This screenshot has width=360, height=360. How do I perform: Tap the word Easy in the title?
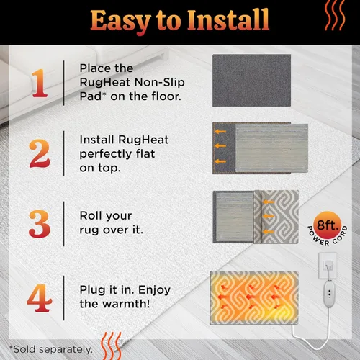pos(121,22)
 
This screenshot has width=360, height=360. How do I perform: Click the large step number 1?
pos(40,83)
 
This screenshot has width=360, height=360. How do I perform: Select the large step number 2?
pos(40,153)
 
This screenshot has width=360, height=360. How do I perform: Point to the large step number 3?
pos(40,224)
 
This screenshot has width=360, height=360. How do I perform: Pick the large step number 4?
pos(40,298)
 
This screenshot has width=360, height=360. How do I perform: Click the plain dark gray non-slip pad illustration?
pos(251,81)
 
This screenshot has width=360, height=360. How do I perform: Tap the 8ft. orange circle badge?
pos(328,225)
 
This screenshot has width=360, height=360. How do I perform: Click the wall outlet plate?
pos(328,266)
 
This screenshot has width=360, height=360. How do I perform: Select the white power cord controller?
pos(329,294)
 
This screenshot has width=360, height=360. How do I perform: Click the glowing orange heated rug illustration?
pos(254,298)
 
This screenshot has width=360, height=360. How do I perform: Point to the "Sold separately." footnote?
pos(51,349)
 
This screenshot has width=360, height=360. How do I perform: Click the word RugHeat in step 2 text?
pos(143,140)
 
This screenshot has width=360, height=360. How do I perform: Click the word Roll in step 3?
pos(90,215)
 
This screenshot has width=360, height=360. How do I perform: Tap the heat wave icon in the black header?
pos(335,15)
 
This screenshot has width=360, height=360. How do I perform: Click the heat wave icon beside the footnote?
pos(111,346)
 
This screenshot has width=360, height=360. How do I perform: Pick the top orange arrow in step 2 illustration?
pos(220,132)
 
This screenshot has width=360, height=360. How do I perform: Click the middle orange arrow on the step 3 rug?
pos(269,217)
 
